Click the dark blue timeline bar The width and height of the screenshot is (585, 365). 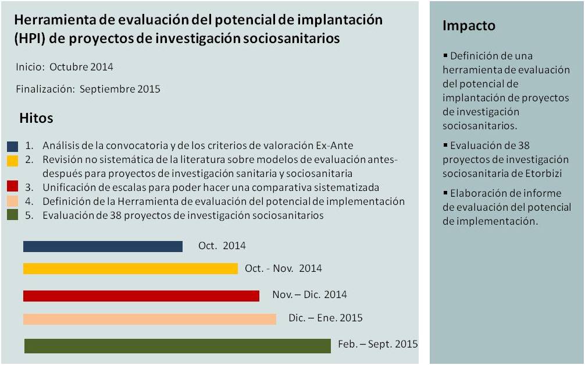[x=103, y=246]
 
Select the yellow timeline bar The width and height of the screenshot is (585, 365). [x=130, y=268]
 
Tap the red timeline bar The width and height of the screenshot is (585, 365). [x=141, y=296]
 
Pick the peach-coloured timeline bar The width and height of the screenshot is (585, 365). [x=149, y=319]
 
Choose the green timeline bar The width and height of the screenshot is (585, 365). [x=177, y=345]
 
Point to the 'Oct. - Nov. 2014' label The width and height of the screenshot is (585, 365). [x=283, y=268]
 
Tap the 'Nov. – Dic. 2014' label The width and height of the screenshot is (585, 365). [x=309, y=295]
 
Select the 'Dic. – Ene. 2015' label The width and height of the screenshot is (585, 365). [x=325, y=318]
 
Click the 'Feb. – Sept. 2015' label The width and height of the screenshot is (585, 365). [x=377, y=344]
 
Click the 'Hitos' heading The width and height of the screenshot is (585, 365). [x=36, y=118]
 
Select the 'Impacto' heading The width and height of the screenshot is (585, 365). [x=469, y=26]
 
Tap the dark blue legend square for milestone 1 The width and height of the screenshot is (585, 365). [x=13, y=146]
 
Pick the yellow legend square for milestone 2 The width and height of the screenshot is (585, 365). [x=13, y=160]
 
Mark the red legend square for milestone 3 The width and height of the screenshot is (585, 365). [x=13, y=187]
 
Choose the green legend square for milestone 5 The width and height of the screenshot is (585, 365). [x=13, y=215]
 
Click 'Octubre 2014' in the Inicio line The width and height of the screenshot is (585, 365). [x=81, y=67]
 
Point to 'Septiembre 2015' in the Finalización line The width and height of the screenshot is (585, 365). [x=120, y=90]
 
